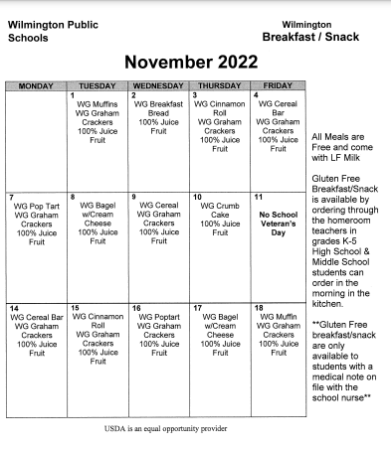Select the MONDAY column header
pyautogui.click(x=35, y=86)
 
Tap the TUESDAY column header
pyautogui.click(x=98, y=86)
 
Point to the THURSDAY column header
pyautogui.click(x=221, y=86)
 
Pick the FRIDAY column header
pyautogui.click(x=278, y=86)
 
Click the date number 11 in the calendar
pyautogui.click(x=259, y=197)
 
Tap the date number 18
pyautogui.click(x=259, y=308)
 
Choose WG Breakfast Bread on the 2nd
pyautogui.click(x=159, y=108)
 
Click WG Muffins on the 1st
pyautogui.click(x=98, y=103)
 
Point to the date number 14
pyautogui.click(x=13, y=308)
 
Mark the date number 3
pyautogui.click(x=195, y=94)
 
